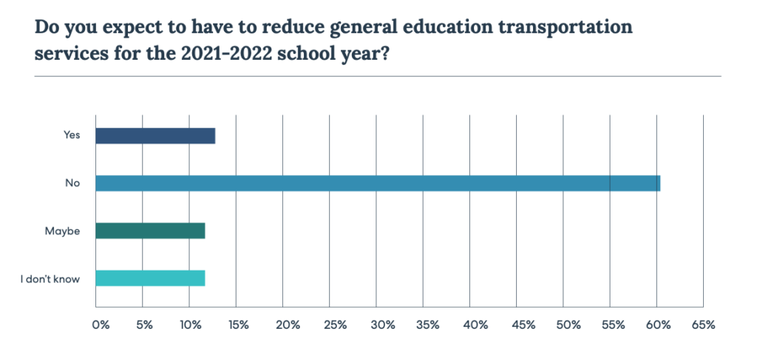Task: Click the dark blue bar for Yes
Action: click(155, 135)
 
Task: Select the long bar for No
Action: click(378, 183)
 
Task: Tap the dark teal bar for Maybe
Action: click(150, 231)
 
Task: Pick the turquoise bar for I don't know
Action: click(150, 279)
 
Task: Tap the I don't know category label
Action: click(51, 279)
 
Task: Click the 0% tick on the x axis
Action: click(99, 325)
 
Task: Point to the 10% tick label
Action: click(191, 325)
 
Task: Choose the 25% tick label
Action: click(333, 325)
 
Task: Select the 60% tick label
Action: click(659, 325)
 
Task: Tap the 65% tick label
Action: click(704, 325)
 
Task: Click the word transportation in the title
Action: click(562, 28)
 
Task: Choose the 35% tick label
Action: click(427, 325)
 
